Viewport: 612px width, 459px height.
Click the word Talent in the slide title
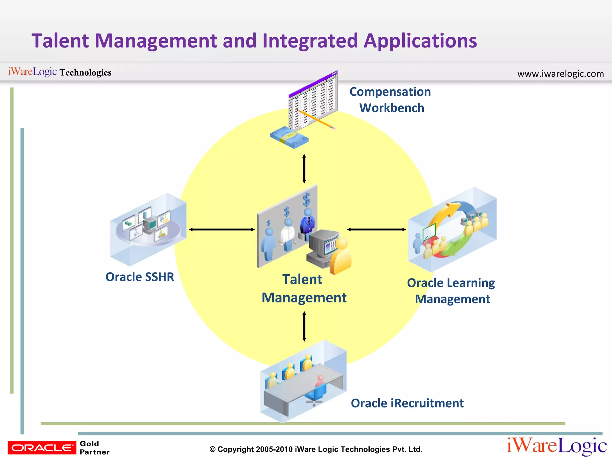point(60,41)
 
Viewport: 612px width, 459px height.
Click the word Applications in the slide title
point(420,41)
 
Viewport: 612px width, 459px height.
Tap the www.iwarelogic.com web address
point(560,74)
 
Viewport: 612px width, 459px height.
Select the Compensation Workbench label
point(391,100)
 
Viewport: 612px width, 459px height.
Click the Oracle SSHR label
point(140,277)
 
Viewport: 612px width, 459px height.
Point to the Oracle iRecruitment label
point(407,403)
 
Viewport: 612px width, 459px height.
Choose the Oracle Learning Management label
point(451,291)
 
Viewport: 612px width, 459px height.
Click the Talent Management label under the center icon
point(304,289)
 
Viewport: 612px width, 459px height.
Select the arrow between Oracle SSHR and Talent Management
point(222,229)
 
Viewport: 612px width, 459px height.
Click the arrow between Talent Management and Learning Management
point(376,229)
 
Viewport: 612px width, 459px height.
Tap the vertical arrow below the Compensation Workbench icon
point(304,169)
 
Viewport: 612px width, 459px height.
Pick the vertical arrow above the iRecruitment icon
point(304,326)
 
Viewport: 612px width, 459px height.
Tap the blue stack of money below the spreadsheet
point(289,137)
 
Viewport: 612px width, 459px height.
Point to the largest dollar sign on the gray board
point(306,200)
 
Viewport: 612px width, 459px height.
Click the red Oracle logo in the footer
point(42,448)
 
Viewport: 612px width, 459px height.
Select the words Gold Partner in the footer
point(94,448)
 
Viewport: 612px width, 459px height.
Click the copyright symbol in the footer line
point(212,449)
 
